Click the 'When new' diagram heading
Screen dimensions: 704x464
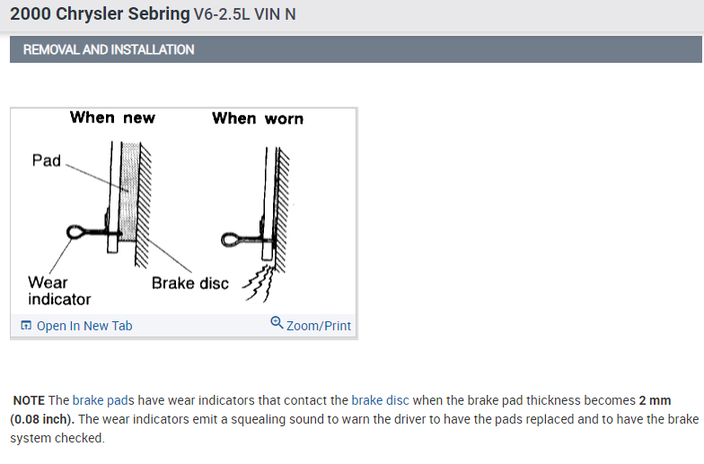[x=112, y=118]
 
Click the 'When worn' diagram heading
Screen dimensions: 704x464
[x=258, y=118]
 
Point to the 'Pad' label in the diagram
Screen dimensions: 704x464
[x=46, y=162]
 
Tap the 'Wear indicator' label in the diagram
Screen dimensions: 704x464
[x=58, y=290]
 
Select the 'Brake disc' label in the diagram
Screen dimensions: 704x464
[x=189, y=284]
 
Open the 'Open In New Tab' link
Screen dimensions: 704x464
[x=84, y=326]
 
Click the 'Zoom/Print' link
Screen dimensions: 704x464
[x=319, y=326]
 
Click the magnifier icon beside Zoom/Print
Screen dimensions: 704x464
[x=277, y=324]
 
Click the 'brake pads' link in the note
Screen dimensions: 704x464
[x=100, y=400]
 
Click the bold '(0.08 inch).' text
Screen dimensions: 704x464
[x=43, y=419]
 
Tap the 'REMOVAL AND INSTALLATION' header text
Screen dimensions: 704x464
[x=109, y=49]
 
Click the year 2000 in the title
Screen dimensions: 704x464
[x=30, y=15]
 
